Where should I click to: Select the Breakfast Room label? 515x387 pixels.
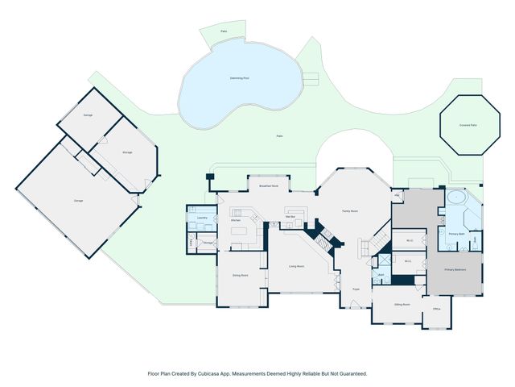[x=269, y=186]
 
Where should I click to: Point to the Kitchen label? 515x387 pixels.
[x=237, y=220]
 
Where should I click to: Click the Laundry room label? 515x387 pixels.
[x=202, y=218]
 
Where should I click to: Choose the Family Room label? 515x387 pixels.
[x=349, y=210]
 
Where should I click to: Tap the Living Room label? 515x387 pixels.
[x=296, y=266]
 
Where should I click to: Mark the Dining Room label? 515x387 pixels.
[x=240, y=275]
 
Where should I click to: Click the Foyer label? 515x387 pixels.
[x=355, y=288]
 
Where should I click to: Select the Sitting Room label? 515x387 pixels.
[x=402, y=305]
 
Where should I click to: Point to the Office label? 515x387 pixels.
[x=437, y=309]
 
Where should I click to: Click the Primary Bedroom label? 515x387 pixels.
[x=455, y=269]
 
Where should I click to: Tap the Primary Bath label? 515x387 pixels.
[x=456, y=233]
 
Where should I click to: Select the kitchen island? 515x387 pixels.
[x=241, y=235]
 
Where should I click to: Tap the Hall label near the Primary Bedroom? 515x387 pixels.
[x=398, y=195]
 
